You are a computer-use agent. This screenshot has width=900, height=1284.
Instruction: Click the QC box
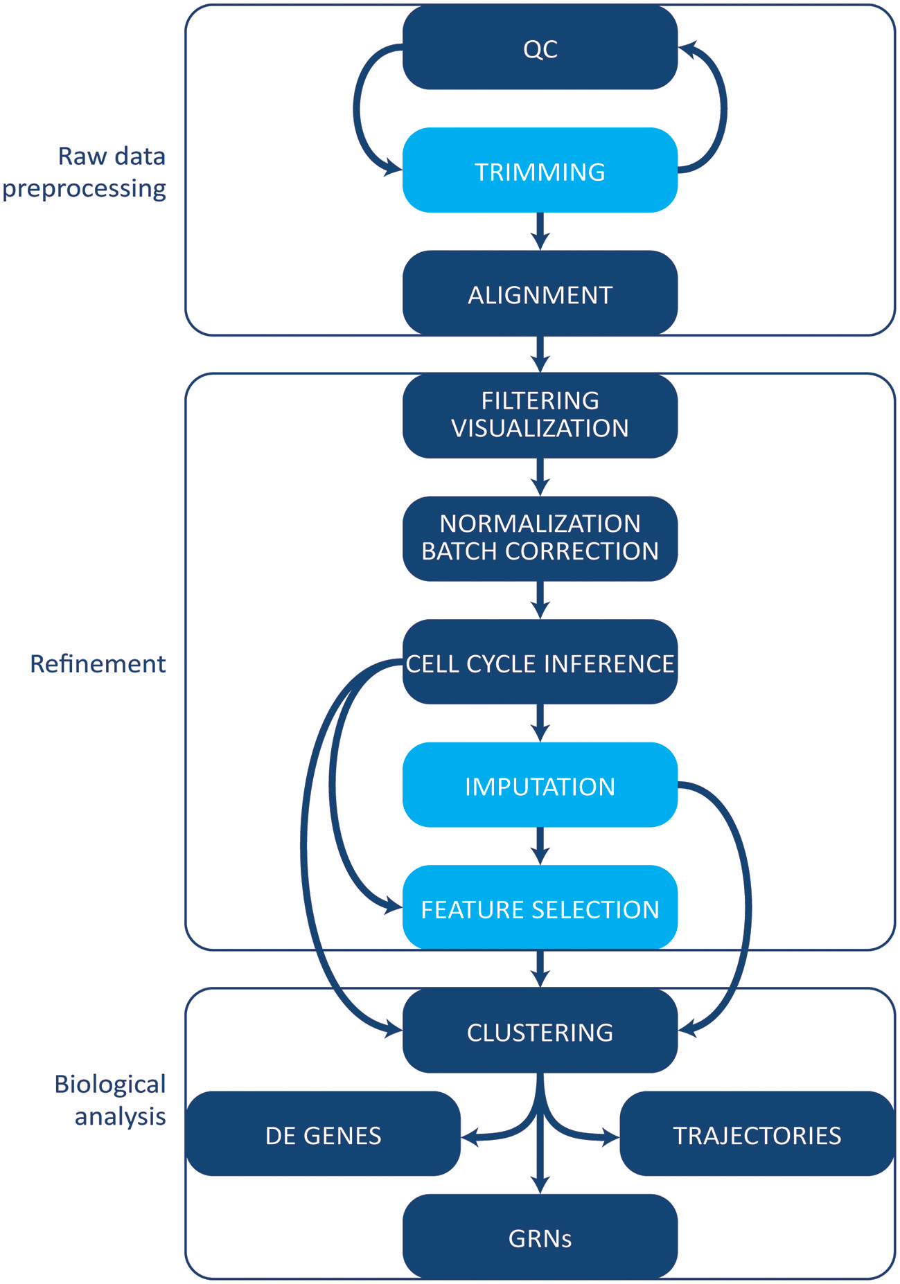point(540,48)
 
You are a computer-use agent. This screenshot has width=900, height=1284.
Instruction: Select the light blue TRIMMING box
point(540,170)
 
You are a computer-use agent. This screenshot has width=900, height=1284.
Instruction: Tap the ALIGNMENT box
point(540,294)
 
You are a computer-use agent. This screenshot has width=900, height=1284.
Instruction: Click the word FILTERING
point(540,400)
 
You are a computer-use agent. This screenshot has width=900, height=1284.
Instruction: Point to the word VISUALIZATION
point(540,429)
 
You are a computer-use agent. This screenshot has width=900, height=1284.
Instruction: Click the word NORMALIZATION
point(540,524)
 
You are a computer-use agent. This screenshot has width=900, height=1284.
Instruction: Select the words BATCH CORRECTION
point(540,551)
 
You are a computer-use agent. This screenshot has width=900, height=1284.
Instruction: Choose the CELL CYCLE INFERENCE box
point(540,663)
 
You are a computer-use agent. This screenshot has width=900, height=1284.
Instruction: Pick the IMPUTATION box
point(540,785)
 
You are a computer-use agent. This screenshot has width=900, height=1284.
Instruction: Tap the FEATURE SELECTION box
point(540,908)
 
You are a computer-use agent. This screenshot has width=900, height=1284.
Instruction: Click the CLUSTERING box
point(540,1031)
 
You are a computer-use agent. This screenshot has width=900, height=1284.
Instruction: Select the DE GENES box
point(323,1134)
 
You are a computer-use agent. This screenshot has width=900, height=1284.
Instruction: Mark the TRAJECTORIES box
point(757,1134)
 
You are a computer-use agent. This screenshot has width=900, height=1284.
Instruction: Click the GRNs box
point(540,1237)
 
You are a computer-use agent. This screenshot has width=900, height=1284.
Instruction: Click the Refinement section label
point(98,663)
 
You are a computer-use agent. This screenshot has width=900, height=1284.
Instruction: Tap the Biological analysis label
point(111,1100)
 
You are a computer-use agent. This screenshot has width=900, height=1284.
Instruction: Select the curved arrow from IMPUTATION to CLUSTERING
point(747,907)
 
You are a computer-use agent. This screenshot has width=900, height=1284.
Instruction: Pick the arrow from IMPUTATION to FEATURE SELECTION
point(540,845)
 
